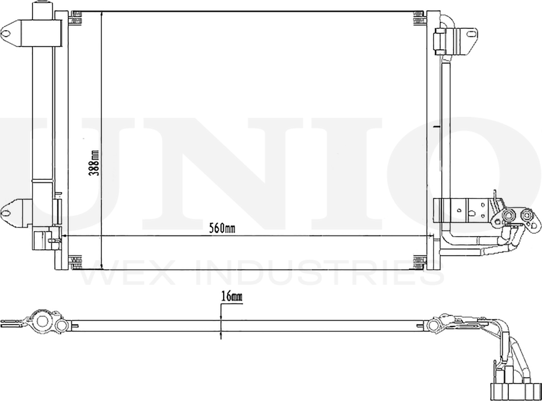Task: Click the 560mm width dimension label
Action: tap(222, 228)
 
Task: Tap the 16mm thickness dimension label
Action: tap(231, 296)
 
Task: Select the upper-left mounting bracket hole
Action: tap(6, 34)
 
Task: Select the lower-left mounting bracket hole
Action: tap(6, 213)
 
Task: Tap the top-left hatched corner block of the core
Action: tap(75, 21)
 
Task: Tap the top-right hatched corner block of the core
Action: tap(420, 21)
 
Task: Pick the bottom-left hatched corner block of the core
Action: tap(75, 262)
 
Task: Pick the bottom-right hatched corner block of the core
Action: tap(420, 262)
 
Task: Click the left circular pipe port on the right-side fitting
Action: tap(508, 216)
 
